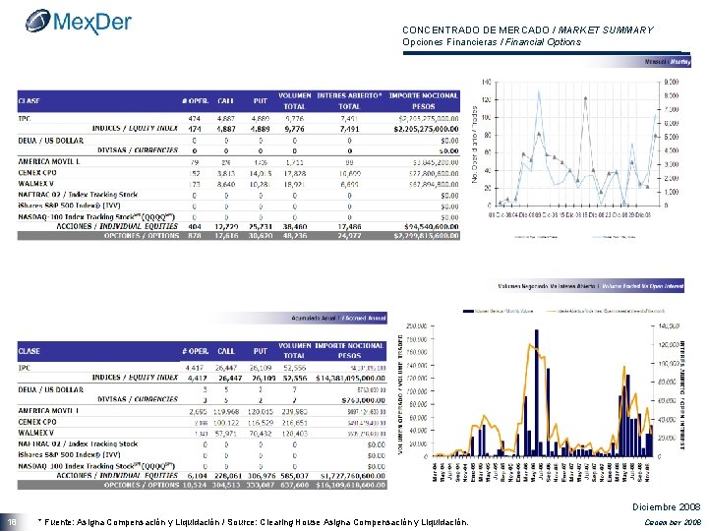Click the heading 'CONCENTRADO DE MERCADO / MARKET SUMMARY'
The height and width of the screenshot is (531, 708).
[527, 30]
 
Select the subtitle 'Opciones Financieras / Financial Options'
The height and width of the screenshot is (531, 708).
[492, 42]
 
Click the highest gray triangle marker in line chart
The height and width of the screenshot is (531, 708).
[585, 98]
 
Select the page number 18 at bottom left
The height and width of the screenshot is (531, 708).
[12, 520]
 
